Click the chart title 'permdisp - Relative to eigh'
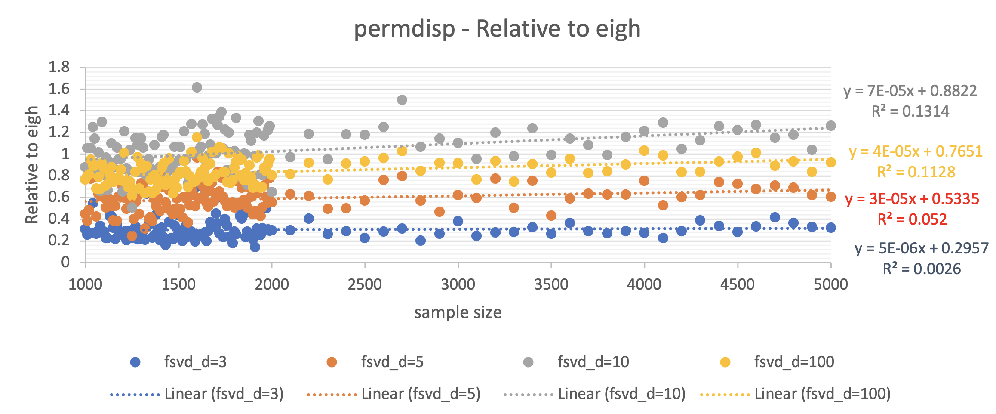(497, 29)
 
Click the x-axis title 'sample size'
(458, 312)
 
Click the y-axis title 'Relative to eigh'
(32, 165)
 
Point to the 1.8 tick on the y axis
(59, 67)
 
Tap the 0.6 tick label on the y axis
(59, 197)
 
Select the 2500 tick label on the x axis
(365, 284)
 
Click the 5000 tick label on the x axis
(830, 284)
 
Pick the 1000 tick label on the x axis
(85, 284)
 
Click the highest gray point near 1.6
(197, 87)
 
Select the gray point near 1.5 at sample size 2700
(402, 100)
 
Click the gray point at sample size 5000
(831, 126)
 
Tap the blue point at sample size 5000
(831, 228)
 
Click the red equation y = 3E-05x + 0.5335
(912, 199)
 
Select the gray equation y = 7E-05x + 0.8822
(910, 91)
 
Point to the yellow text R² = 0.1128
(916, 172)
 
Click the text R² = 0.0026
(922, 269)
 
